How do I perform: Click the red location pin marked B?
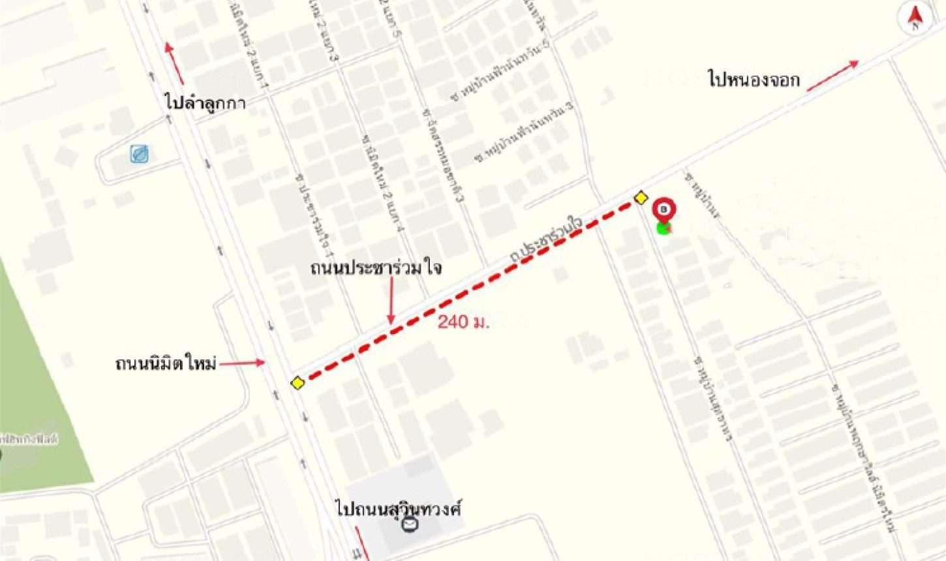point(664,210)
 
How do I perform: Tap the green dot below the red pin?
point(664,228)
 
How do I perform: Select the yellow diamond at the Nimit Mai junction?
point(298,382)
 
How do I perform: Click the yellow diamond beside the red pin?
point(641,198)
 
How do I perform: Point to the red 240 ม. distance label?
point(463,322)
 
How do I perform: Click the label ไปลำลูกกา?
point(206,102)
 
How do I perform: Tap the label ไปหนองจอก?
point(754,80)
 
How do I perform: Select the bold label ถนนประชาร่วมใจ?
point(376,268)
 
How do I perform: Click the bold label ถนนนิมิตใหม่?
point(166,363)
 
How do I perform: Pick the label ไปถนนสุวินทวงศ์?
point(399,509)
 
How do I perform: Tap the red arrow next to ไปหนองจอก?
point(832,75)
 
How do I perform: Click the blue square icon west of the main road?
point(140,155)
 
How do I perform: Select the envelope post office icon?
point(410,524)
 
